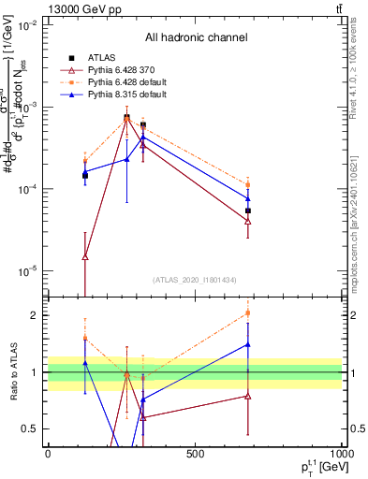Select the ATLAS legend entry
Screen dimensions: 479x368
coord(102,58)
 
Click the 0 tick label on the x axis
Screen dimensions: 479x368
coord(48,454)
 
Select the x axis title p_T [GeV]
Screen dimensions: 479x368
coord(316,466)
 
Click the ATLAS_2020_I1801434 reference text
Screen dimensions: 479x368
coord(194,280)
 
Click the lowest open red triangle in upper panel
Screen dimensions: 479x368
coord(85,256)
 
